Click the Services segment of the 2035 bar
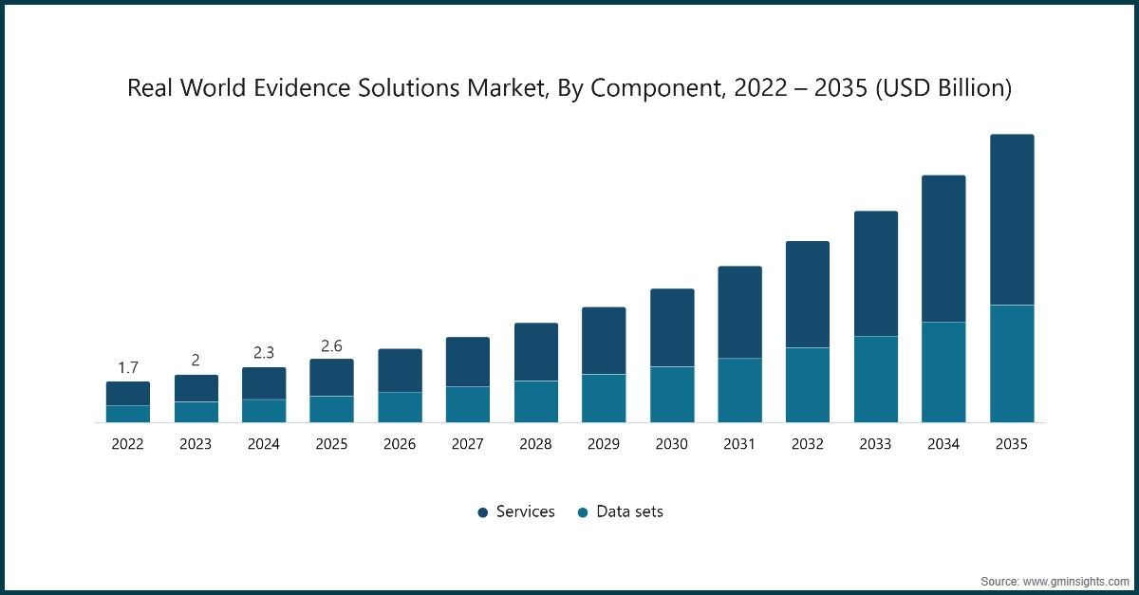tap(1012, 219)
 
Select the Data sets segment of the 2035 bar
tap(1012, 363)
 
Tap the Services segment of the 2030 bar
tap(672, 327)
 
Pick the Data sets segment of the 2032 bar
tap(808, 384)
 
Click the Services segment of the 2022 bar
tap(128, 394)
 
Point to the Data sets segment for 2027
tap(468, 404)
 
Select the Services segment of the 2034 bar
tap(943, 249)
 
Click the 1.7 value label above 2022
tap(128, 367)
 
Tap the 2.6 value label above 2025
tap(331, 344)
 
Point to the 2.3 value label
tap(264, 353)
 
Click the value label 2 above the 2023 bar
tap(196, 361)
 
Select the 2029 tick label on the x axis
tap(604, 444)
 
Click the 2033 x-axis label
tap(876, 444)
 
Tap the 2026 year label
tap(400, 444)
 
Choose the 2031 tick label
tap(739, 444)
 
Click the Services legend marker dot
tap(482, 512)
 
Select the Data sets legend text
tap(629, 512)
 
